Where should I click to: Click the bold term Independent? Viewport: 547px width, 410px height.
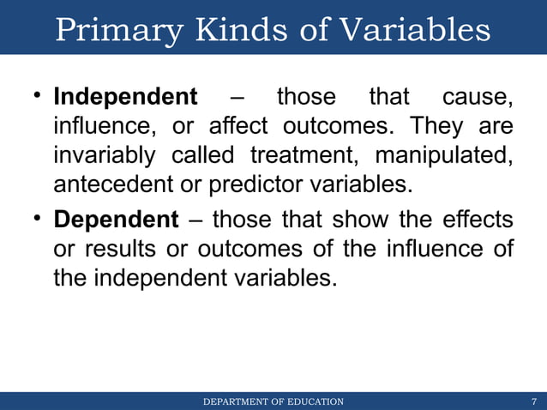[125, 97]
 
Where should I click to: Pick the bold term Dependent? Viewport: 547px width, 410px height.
[116, 220]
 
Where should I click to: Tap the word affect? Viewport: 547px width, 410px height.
[239, 128]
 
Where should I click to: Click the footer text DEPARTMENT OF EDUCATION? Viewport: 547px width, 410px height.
[273, 401]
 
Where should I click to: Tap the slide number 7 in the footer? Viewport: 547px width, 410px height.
[534, 401]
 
